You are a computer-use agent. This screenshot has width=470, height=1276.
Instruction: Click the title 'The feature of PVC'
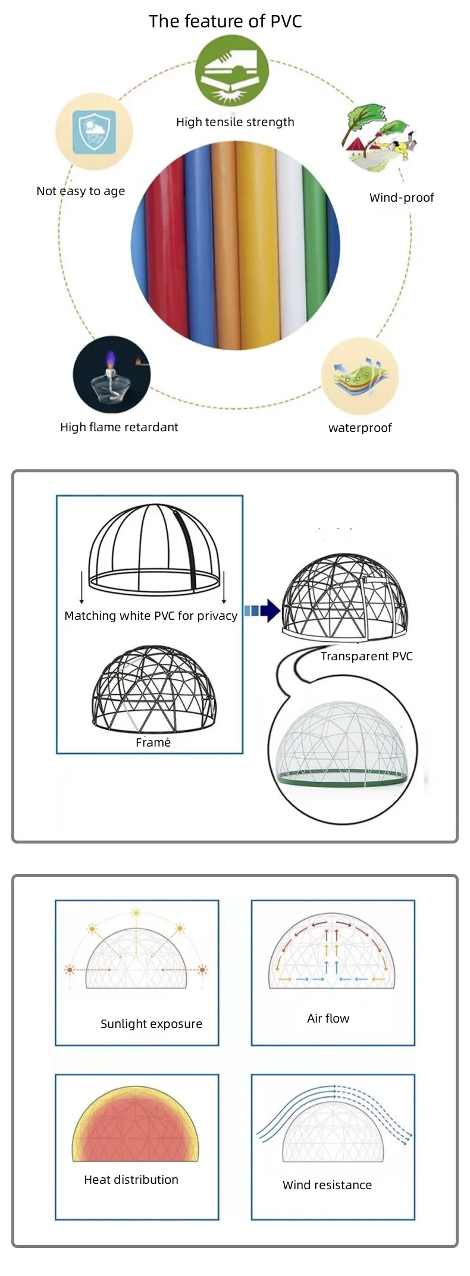tap(225, 21)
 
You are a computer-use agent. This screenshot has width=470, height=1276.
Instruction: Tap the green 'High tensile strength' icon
tap(231, 71)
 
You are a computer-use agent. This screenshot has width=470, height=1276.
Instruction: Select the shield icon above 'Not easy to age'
tap(94, 132)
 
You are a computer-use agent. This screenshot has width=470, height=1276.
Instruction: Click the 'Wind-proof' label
tap(402, 197)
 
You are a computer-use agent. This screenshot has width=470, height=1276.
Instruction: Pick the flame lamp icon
tap(111, 375)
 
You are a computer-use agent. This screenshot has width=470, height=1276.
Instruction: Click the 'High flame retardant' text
tap(119, 427)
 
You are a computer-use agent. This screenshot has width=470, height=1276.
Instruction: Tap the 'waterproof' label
tap(360, 428)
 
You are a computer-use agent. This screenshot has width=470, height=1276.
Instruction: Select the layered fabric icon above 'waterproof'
tap(359, 377)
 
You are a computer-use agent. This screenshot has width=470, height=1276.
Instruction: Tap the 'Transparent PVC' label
tap(366, 656)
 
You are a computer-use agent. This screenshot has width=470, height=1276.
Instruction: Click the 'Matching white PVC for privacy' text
tap(151, 616)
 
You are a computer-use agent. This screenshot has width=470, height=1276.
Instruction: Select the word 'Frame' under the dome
tap(153, 742)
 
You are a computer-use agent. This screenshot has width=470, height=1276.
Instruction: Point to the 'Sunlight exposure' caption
tap(151, 1024)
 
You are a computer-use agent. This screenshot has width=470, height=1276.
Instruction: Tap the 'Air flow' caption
tap(328, 1018)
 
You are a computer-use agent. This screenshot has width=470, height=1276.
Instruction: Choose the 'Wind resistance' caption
tap(327, 1185)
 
